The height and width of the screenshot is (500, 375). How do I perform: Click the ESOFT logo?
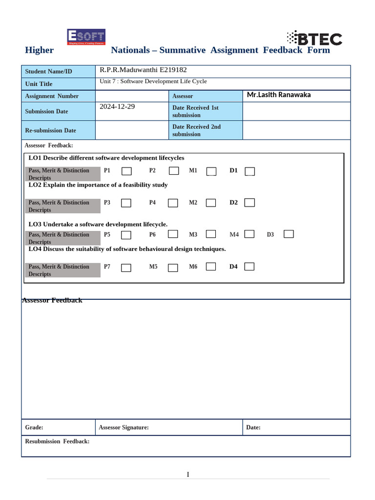pyautogui.click(x=86, y=37)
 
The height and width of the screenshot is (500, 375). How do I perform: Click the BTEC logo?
pyautogui.click(x=314, y=38)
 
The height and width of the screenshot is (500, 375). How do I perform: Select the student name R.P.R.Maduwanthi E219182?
pyautogui.click(x=143, y=70)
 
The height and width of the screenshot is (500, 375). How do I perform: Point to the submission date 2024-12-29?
pyautogui.click(x=117, y=106)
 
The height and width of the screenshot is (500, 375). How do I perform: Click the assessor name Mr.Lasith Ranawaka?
pyautogui.click(x=278, y=95)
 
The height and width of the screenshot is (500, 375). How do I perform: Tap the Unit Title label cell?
pyautogui.click(x=39, y=84)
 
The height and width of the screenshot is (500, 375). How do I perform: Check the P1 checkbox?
pyautogui.click(x=126, y=171)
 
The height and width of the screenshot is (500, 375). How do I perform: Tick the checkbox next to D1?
pyautogui.click(x=250, y=171)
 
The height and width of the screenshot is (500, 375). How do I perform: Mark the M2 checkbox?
pyautogui.click(x=211, y=203)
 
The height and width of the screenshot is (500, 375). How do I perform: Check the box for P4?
pyautogui.click(x=173, y=203)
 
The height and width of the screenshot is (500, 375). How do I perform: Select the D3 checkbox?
pyautogui.click(x=289, y=234)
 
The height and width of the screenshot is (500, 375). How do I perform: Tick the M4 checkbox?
pyautogui.click(x=250, y=234)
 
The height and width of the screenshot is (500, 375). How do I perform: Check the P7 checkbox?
pyautogui.click(x=126, y=267)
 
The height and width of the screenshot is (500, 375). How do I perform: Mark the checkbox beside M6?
pyautogui.click(x=211, y=267)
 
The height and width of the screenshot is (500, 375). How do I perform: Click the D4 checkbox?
pyautogui.click(x=250, y=267)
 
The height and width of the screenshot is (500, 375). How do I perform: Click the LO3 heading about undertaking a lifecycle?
pyautogui.click(x=98, y=224)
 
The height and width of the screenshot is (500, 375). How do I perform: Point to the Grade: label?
pyautogui.click(x=34, y=427)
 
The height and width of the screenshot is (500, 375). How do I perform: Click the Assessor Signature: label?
pyautogui.click(x=124, y=427)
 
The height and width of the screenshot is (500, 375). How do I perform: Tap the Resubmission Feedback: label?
pyautogui.click(x=57, y=441)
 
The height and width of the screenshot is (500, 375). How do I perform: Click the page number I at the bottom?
pyautogui.click(x=187, y=475)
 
